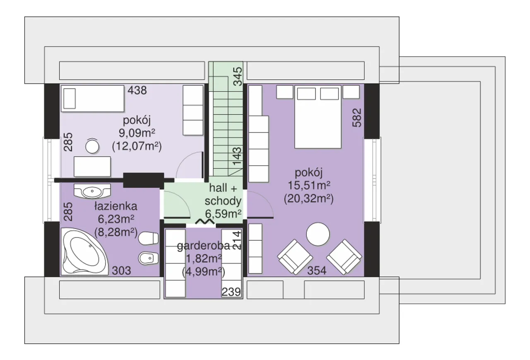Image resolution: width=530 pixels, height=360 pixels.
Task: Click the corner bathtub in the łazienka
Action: [84, 251]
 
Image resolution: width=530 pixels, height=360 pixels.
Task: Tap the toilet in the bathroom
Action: [148, 238]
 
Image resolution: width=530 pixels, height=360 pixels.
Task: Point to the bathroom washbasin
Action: [92, 191]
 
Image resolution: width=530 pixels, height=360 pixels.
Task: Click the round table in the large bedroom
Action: [318, 234]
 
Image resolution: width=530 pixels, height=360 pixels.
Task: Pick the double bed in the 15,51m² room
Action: [318, 117]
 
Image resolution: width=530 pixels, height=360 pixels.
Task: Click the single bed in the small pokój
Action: [92, 98]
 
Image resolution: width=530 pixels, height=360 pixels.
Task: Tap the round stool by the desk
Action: [92, 147]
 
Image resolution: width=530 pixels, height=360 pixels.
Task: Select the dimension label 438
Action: [137, 90]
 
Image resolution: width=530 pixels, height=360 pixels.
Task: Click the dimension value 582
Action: [357, 118]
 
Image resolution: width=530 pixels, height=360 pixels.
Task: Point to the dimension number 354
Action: [317, 271]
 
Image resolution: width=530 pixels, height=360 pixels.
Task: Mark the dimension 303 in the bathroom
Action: [121, 271]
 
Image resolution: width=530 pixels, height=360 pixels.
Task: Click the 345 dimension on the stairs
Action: [238, 77]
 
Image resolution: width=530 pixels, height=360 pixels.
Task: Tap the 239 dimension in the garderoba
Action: [231, 292]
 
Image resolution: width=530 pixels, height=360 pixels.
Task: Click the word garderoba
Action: [203, 246]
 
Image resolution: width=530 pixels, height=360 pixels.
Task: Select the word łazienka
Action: [116, 206]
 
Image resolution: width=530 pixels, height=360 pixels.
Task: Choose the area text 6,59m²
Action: [223, 214]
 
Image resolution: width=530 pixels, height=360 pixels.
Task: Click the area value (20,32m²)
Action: [309, 198]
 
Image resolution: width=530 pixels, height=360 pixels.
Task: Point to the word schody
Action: [223, 201]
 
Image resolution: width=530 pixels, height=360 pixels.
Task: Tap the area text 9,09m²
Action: [137, 133]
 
